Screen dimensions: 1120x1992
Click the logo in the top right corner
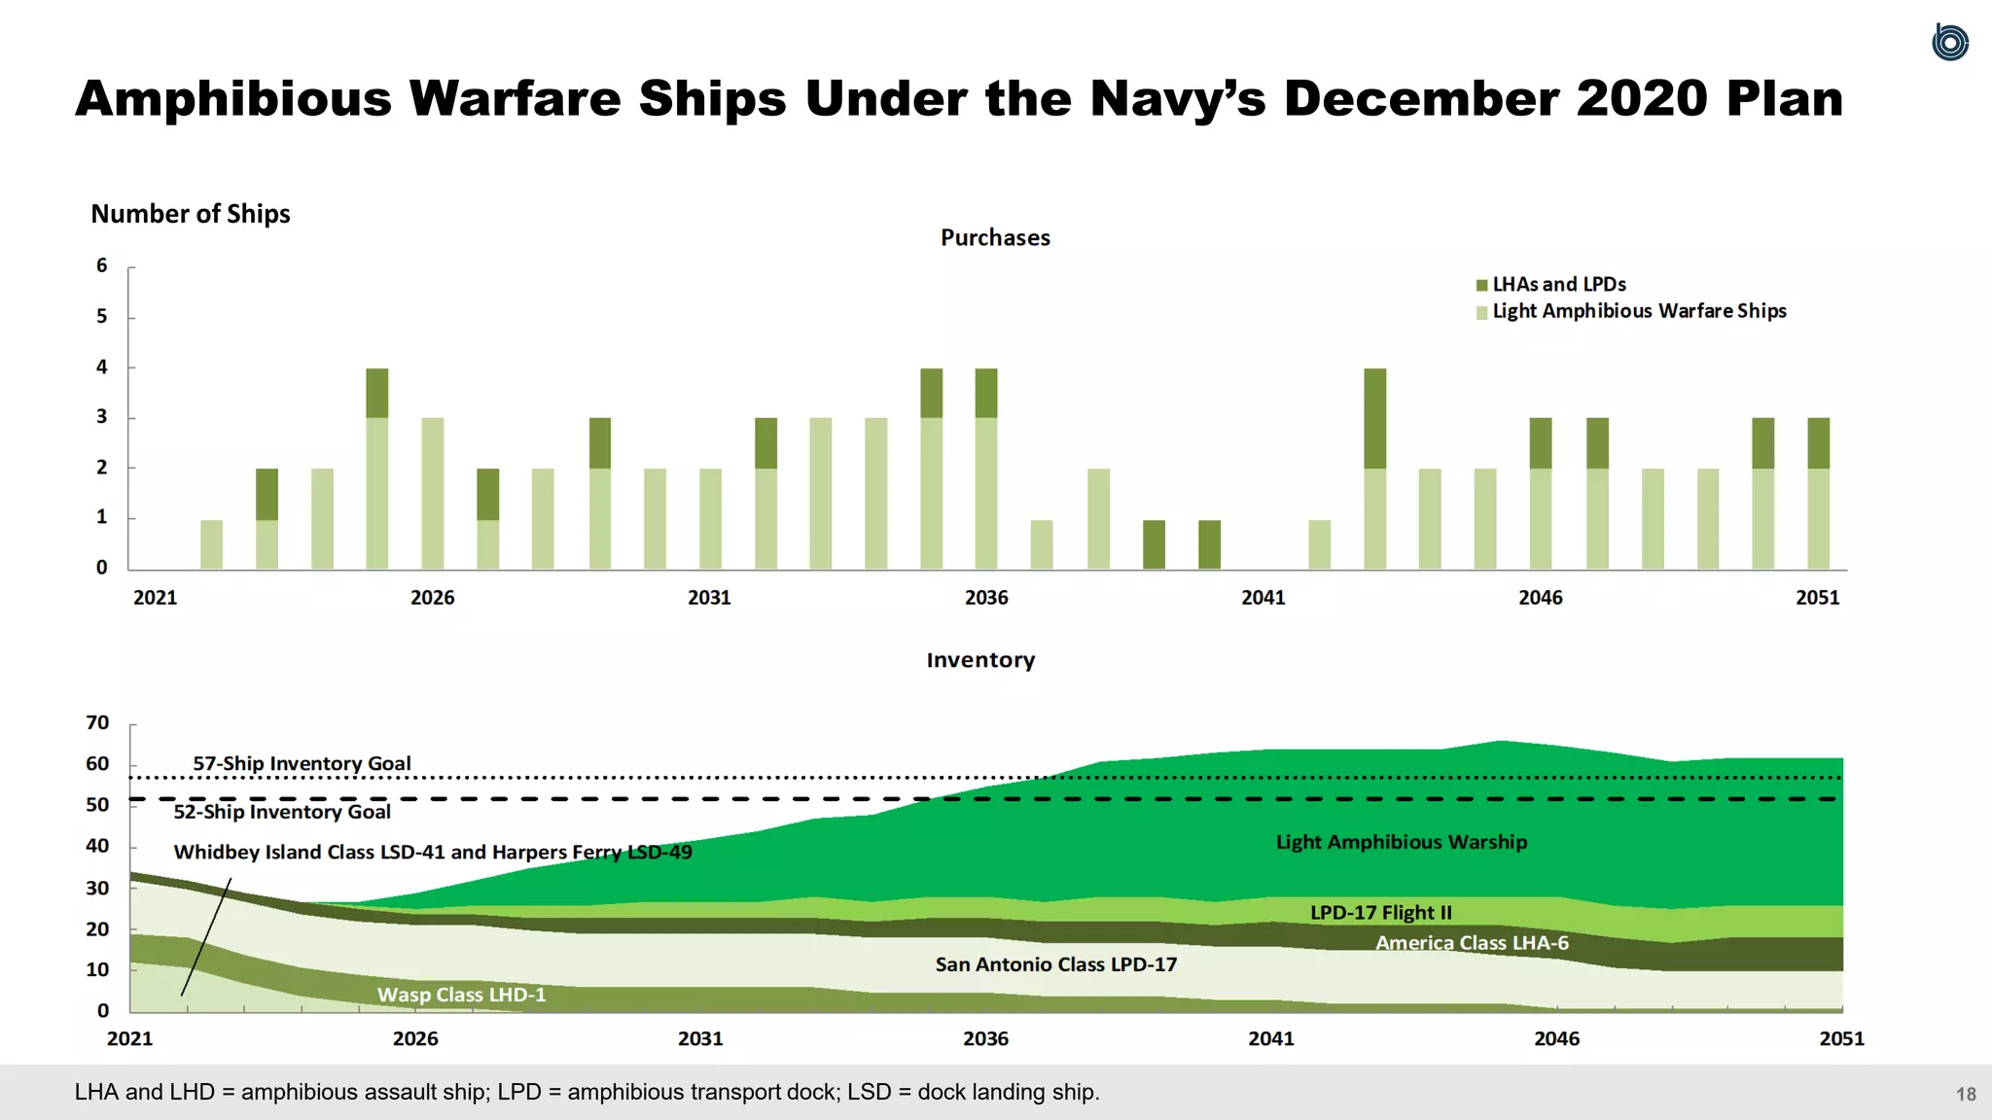point(1949,42)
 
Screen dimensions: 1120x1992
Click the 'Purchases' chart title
point(995,238)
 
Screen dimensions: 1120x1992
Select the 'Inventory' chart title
point(980,660)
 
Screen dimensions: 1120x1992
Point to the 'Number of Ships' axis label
point(191,214)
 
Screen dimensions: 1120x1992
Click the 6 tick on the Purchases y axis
point(102,265)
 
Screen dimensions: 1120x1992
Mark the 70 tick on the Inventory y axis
point(97,722)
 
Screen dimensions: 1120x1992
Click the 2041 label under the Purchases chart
point(1263,598)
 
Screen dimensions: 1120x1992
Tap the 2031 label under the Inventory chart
point(700,1039)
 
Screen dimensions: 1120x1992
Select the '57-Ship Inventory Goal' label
point(302,763)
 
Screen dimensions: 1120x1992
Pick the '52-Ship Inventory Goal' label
point(282,812)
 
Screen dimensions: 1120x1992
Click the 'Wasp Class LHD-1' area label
point(461,995)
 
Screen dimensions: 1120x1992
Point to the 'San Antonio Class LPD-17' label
point(1055,964)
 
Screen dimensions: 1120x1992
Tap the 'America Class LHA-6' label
point(1471,943)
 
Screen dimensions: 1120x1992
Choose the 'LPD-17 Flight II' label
point(1380,913)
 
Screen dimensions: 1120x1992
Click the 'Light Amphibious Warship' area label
point(1401,842)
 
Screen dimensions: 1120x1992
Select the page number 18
point(1966,1095)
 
